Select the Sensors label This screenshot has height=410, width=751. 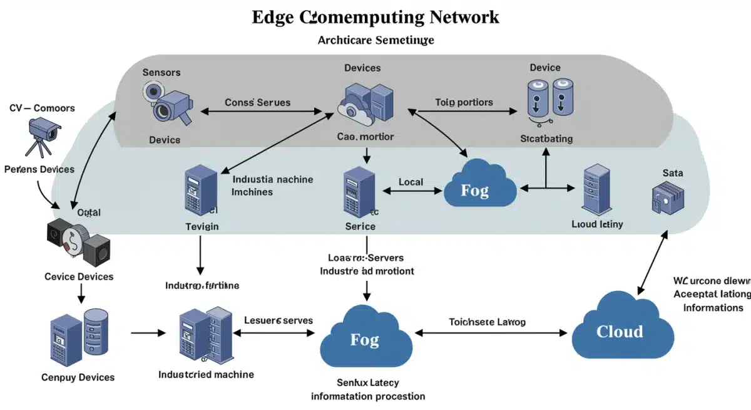[161, 72]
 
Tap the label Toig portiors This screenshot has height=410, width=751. [464, 102]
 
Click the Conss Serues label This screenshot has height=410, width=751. [257, 102]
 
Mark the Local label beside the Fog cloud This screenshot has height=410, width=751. [411, 182]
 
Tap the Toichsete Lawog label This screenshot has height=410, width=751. [487, 322]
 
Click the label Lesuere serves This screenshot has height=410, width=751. [278, 320]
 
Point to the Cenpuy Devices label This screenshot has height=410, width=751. [78, 377]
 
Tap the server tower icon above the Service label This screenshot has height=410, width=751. [359, 191]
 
